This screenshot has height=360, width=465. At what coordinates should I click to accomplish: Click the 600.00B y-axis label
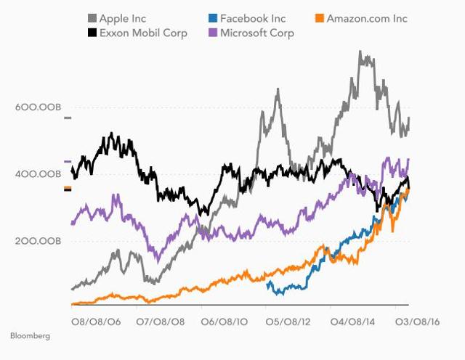click(36, 107)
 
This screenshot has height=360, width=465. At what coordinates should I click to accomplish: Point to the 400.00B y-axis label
click(36, 174)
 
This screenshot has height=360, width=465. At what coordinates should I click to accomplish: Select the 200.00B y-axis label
click(36, 241)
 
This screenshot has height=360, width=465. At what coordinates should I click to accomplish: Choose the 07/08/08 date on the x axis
click(161, 320)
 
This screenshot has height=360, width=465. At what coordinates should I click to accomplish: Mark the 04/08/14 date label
click(356, 320)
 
